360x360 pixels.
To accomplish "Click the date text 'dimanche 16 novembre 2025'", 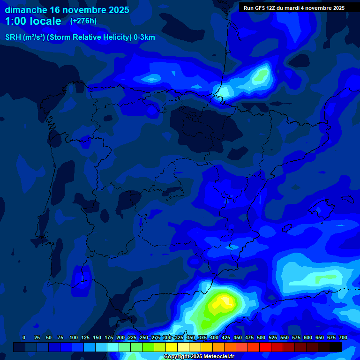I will tap(67, 9).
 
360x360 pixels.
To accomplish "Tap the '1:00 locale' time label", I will tap(33, 21).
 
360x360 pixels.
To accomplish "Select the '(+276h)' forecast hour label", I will tap(83, 21).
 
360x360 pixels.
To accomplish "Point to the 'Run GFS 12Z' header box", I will tap(294, 7).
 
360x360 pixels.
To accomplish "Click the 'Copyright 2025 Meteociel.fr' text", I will tap(199, 356).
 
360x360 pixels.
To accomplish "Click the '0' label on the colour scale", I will tap(24, 337).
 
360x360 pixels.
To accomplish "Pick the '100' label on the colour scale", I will tap(74, 337).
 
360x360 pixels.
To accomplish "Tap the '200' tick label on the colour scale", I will tap(120, 337).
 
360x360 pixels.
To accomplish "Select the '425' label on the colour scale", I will tap(226, 337).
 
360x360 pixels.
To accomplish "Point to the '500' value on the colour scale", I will tap(261, 337).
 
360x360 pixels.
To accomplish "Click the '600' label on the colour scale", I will tap(308, 337).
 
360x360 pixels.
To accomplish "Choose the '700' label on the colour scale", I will tap(343, 337).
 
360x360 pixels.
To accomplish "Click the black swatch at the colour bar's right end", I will tap(336, 347).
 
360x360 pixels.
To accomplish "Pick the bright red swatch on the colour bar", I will tap(265, 347).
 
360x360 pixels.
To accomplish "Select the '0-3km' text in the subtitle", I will tap(143, 37).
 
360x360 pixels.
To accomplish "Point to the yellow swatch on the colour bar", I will tap(172, 347).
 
